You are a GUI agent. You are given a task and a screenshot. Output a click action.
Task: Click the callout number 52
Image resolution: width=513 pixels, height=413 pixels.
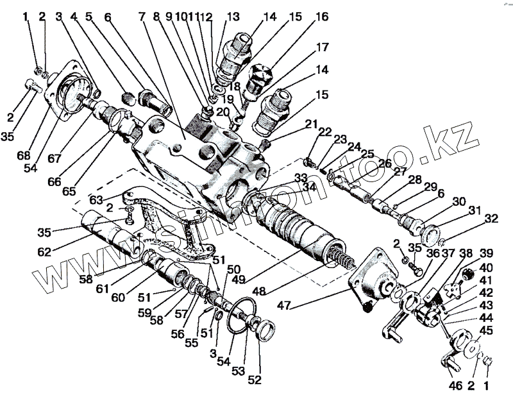tap(255, 379)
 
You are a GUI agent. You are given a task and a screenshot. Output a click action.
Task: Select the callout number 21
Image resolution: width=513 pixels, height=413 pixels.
tap(311, 124)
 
